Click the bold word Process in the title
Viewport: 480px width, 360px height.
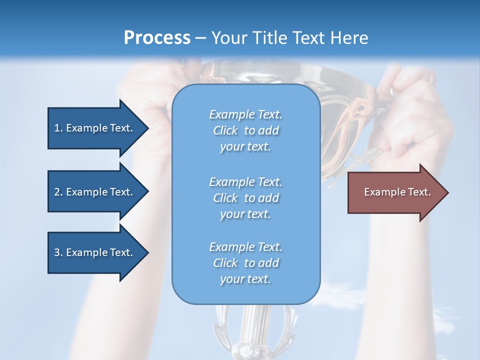click(x=157, y=38)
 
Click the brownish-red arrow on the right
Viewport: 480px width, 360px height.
click(x=395, y=192)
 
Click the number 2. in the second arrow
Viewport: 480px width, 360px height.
click(x=58, y=192)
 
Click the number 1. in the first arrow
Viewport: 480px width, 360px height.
click(x=58, y=128)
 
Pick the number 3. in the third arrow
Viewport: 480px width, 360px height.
click(x=58, y=252)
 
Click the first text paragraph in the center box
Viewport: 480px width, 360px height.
click(x=245, y=130)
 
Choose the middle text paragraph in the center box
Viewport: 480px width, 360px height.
click(x=245, y=198)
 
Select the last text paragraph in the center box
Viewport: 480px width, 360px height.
click(x=245, y=263)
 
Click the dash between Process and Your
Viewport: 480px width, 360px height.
click(x=200, y=38)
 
